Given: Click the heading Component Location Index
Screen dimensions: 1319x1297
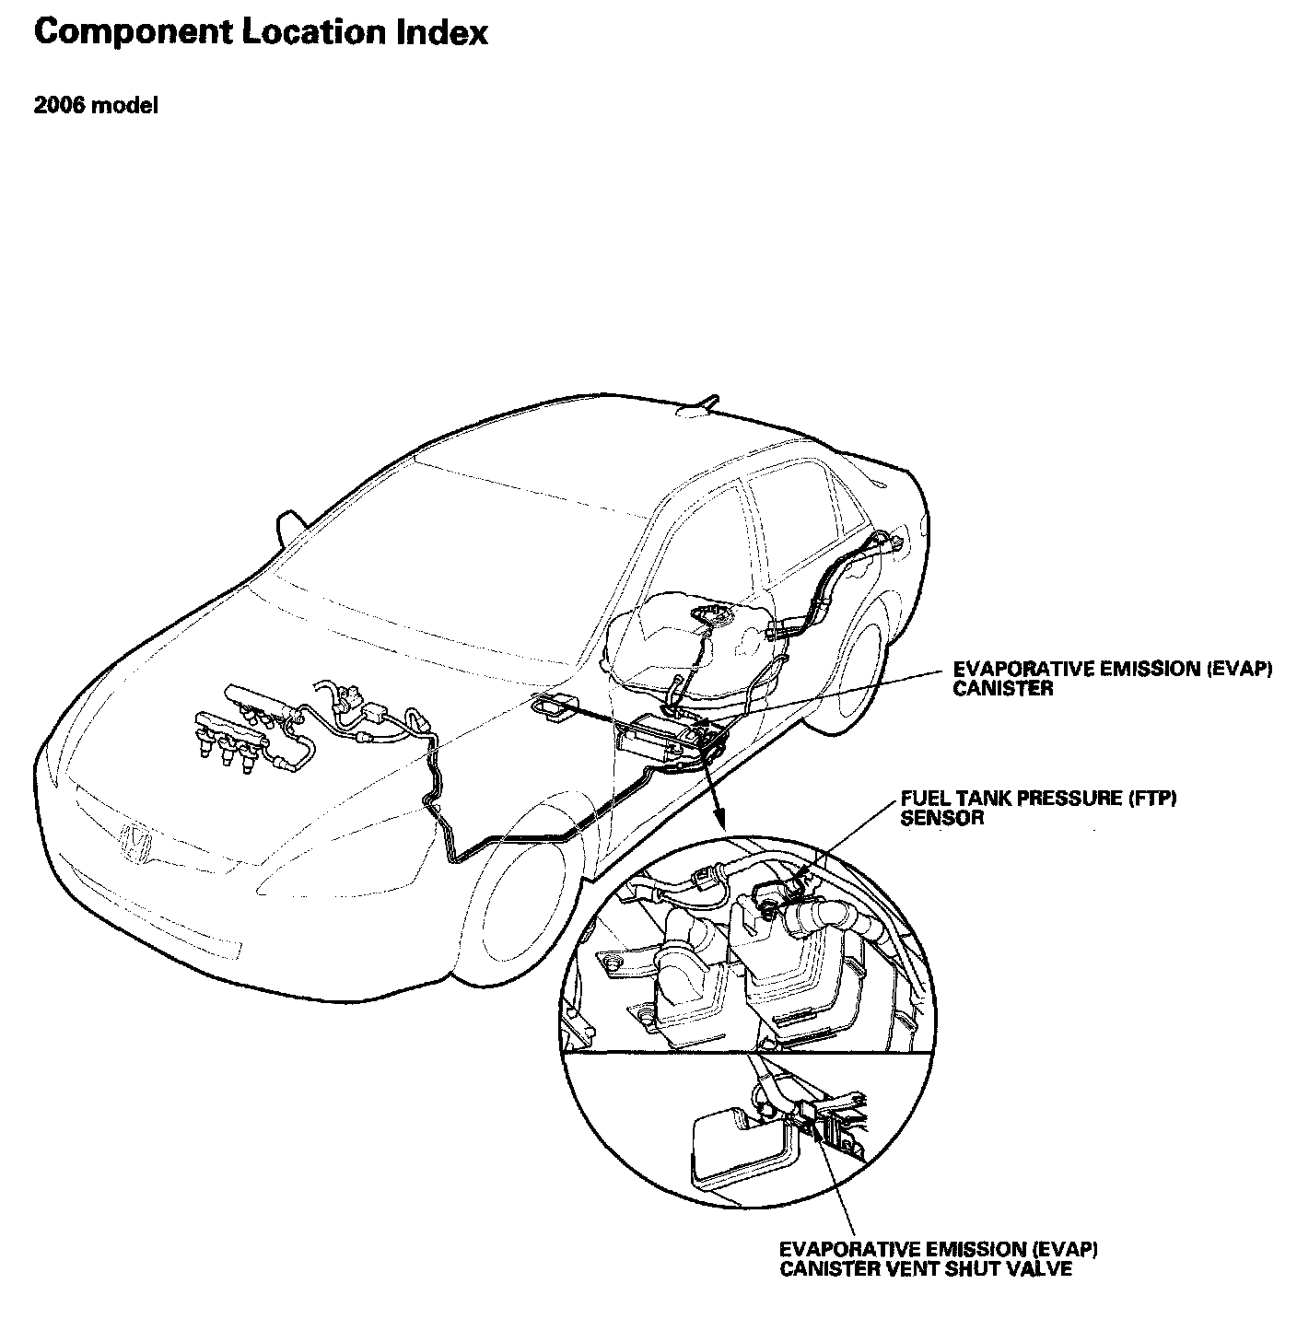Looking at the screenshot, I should pos(261,33).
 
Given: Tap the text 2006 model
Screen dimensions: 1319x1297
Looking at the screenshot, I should pos(96,106).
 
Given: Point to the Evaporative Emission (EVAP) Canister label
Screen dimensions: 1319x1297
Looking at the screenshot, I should pos(1112,679).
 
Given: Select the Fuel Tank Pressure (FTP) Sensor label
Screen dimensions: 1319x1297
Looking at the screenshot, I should pos(1038,807).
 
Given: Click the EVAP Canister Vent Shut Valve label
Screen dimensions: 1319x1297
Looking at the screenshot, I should pos(939,1259).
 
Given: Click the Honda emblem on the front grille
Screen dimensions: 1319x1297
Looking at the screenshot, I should pos(136,842).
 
